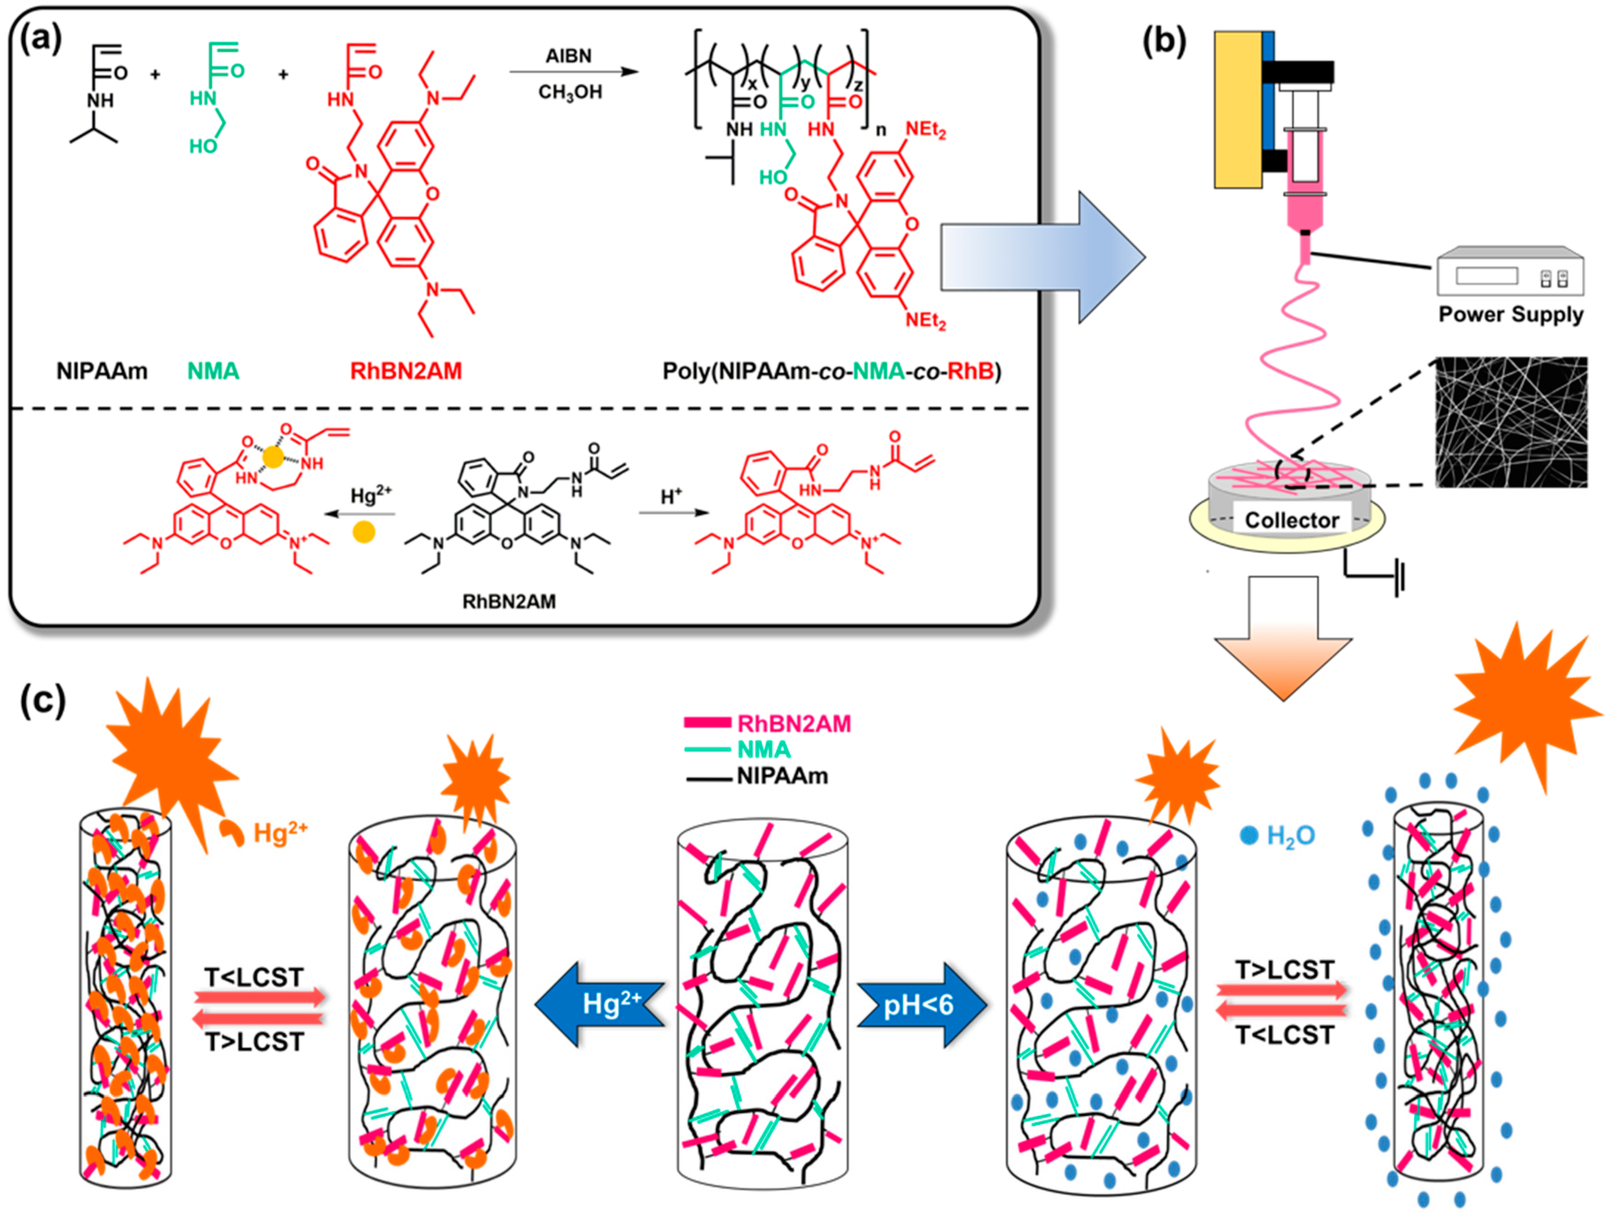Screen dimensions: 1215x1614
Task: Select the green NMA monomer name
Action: point(213,371)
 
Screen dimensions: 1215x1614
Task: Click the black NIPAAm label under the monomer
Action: point(102,371)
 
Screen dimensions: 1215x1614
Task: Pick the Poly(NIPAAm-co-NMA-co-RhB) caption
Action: point(832,371)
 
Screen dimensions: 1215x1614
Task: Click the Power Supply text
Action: point(1510,315)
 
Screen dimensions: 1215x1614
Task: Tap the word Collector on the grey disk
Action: point(1291,520)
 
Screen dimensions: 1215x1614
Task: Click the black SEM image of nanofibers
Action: point(1510,422)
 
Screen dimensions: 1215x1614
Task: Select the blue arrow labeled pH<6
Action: point(921,1005)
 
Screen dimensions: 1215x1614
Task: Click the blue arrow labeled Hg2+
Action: point(600,1005)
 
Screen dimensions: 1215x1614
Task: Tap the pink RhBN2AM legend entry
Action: point(766,723)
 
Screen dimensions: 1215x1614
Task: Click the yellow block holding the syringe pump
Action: point(1238,109)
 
